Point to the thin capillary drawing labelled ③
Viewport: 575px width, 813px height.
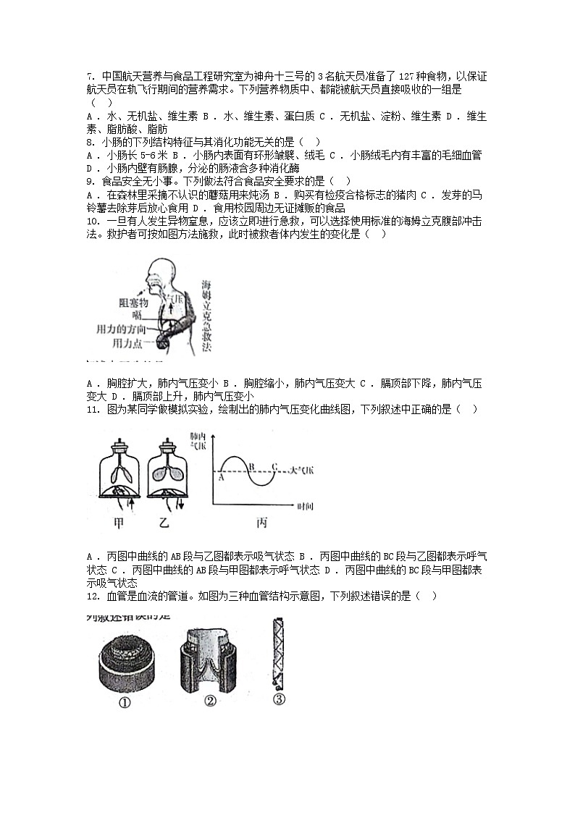point(277,652)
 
